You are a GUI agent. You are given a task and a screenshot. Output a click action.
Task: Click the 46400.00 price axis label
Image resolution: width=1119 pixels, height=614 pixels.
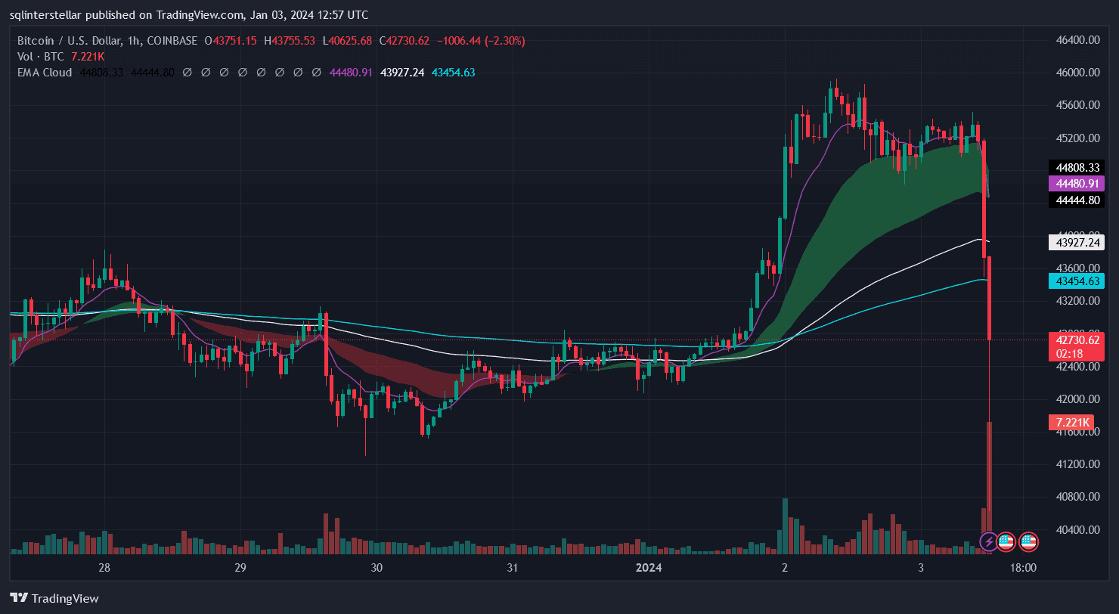1077,39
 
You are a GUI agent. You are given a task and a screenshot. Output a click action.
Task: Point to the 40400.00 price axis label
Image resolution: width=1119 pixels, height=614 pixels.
1077,529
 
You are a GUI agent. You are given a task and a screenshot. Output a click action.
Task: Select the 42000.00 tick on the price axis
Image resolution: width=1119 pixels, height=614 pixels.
1077,398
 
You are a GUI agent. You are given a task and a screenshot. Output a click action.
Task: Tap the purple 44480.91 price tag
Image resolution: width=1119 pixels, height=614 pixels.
1077,183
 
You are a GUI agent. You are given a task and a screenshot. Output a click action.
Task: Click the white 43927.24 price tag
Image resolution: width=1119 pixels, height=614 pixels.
1077,242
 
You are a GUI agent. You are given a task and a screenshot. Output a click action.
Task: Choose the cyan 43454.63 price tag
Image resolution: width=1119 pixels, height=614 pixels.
1077,281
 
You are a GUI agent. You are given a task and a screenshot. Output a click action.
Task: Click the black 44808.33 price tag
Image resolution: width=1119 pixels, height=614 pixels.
1077,166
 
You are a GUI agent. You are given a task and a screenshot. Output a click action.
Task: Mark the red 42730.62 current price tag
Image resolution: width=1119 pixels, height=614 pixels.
1077,340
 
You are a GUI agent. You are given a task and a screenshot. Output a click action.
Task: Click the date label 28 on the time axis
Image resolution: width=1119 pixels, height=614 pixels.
104,568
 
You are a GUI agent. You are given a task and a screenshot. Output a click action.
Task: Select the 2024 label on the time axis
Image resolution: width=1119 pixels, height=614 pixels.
649,568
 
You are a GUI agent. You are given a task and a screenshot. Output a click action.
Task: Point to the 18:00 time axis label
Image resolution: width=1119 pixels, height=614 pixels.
1023,568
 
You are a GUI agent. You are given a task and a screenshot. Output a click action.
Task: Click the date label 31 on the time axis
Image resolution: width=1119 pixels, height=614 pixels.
512,568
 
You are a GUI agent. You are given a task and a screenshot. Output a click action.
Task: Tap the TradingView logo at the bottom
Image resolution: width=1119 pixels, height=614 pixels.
54,598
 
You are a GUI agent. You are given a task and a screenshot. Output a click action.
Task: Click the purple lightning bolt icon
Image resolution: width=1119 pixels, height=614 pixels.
988,541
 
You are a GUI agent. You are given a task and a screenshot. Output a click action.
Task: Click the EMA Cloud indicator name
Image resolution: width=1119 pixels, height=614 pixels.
45,73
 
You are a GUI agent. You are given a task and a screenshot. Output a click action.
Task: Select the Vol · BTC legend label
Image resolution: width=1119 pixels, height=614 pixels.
41,57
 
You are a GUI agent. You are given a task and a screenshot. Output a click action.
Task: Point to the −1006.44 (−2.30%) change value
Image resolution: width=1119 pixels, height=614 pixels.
479,40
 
